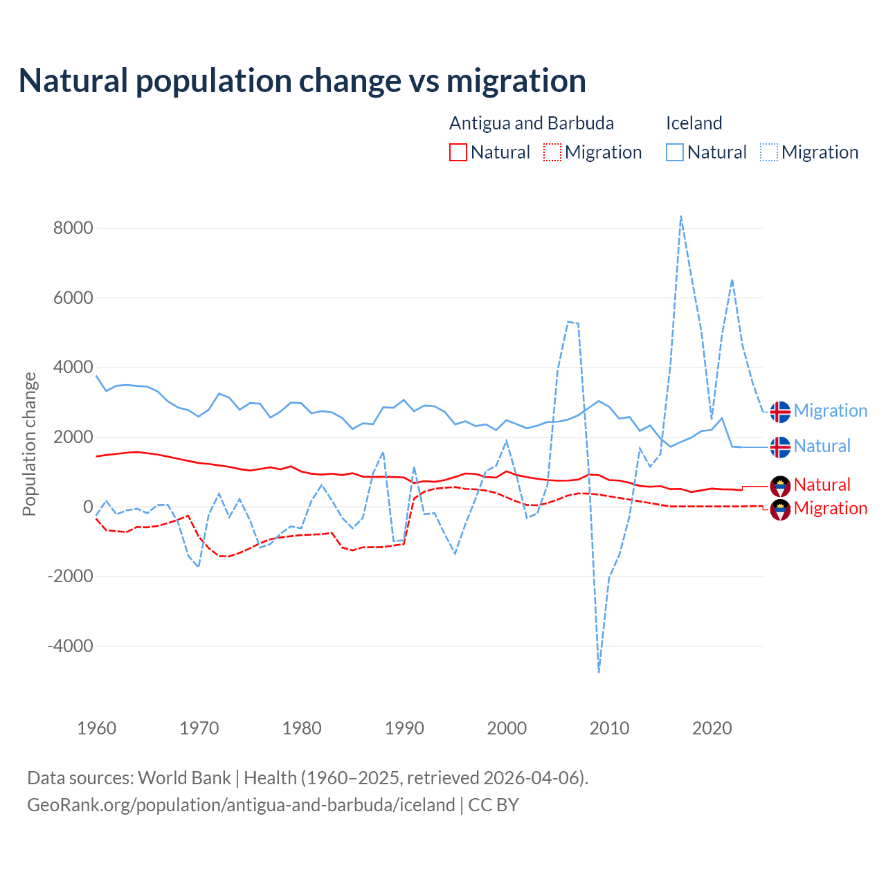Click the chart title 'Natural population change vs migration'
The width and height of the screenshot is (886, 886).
[x=302, y=80]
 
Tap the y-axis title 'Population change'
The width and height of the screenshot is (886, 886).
[x=29, y=444]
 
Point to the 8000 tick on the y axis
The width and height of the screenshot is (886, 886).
[x=73, y=228]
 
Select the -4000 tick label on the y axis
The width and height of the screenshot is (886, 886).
[x=70, y=646]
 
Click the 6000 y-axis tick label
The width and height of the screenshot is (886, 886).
[x=73, y=298]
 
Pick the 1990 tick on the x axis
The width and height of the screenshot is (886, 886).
[x=404, y=728]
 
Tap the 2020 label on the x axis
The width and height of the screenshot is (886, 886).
[x=712, y=728]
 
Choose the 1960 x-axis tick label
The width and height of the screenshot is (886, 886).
[x=97, y=728]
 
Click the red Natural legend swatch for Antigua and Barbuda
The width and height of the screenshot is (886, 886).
[x=458, y=152]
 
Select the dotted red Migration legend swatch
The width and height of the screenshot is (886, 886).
[x=552, y=152]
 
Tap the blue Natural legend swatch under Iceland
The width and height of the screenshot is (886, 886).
[x=675, y=152]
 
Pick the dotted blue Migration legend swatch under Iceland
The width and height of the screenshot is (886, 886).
[x=769, y=152]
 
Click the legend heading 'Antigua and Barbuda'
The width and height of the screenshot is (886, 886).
[x=532, y=123]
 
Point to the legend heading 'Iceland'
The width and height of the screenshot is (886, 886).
[x=694, y=123]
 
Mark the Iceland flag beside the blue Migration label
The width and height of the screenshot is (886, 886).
[x=780, y=411]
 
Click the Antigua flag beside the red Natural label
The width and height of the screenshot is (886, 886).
[x=780, y=485]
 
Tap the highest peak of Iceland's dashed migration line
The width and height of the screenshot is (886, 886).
[x=681, y=217]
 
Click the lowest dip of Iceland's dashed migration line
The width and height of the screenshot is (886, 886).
[x=599, y=671]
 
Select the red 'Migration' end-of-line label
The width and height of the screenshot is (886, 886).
[x=830, y=508]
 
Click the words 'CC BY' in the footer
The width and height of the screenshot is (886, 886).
[x=494, y=805]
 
